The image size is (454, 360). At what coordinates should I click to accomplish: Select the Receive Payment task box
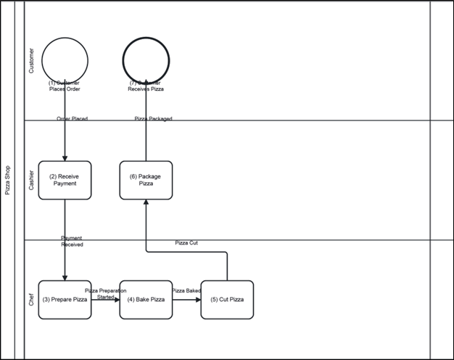click(65, 180)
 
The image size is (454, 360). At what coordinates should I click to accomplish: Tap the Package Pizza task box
click(146, 180)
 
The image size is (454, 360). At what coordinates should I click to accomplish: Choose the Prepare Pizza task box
click(65, 299)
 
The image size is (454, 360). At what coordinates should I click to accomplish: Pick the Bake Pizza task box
click(146, 299)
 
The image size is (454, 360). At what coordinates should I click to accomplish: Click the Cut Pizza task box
click(227, 299)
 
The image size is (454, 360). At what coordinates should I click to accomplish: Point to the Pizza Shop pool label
click(8, 180)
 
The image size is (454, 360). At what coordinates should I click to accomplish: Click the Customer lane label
click(30, 61)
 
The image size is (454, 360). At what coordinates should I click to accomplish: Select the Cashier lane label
click(30, 180)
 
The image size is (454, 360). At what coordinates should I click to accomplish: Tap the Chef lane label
click(30, 300)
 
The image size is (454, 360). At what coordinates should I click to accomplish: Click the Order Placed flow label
click(72, 118)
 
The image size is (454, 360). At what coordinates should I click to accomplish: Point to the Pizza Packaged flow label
click(154, 118)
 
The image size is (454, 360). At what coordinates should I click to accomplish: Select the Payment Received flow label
click(72, 242)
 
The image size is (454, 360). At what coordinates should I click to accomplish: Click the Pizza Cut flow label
click(186, 243)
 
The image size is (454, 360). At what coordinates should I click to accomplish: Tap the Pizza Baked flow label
click(186, 290)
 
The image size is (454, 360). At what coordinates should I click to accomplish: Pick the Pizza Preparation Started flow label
click(106, 293)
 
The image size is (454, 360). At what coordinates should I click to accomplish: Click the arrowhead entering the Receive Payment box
click(65, 157)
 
